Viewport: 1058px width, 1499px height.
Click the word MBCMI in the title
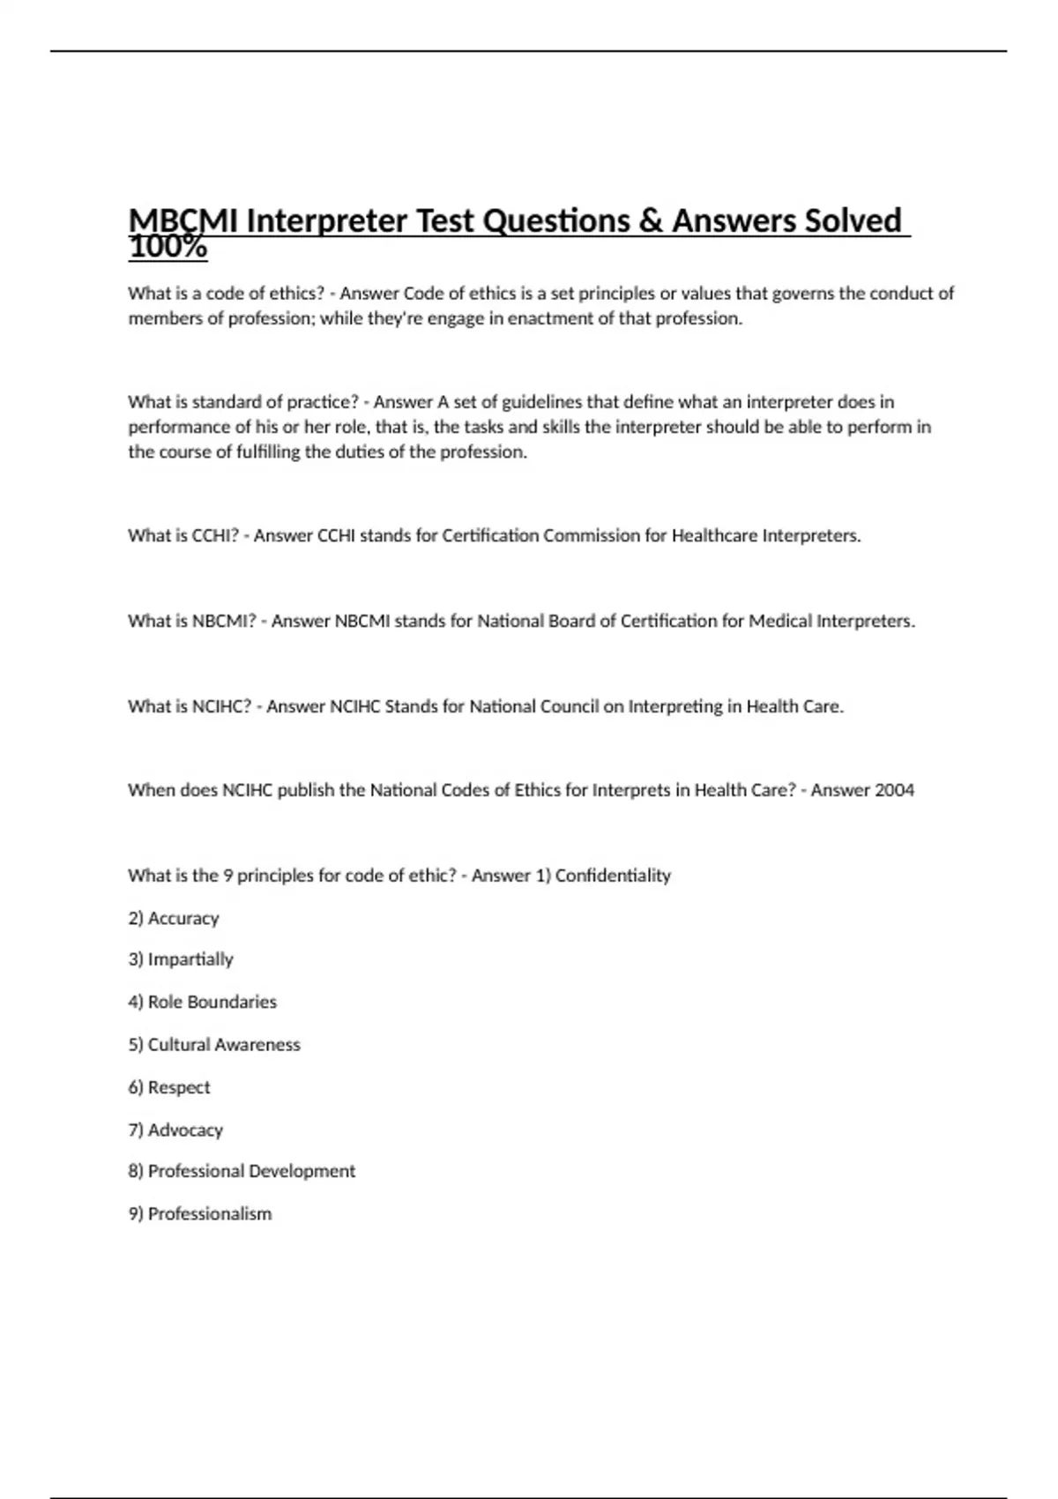(183, 220)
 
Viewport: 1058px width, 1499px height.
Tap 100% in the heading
(168, 248)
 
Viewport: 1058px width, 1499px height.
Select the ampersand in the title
(650, 220)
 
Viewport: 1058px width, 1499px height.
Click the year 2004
(893, 790)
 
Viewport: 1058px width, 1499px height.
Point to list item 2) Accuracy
(174, 918)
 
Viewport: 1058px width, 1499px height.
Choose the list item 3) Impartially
(181, 959)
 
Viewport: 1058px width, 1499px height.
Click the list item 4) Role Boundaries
(202, 1002)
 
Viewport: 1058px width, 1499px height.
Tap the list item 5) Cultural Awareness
(214, 1045)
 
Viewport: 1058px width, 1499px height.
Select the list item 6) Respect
(169, 1087)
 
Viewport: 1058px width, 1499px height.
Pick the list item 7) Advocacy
(175, 1130)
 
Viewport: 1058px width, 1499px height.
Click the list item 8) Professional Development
(242, 1171)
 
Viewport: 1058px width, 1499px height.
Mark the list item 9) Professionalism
(200, 1214)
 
